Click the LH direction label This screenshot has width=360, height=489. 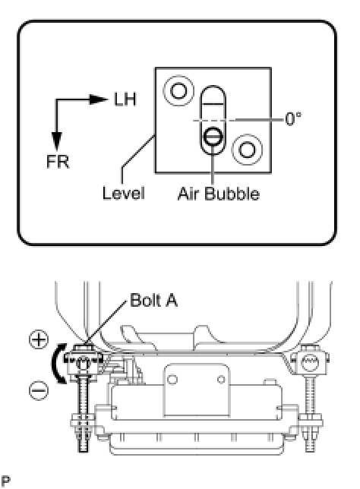click(125, 99)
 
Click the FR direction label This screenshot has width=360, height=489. click(58, 162)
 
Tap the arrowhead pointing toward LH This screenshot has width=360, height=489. click(98, 99)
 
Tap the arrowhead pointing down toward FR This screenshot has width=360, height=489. click(57, 141)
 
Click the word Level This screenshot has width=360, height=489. click(124, 193)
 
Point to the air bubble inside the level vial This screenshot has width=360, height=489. click(213, 136)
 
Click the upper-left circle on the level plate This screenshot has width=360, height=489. click(178, 91)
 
